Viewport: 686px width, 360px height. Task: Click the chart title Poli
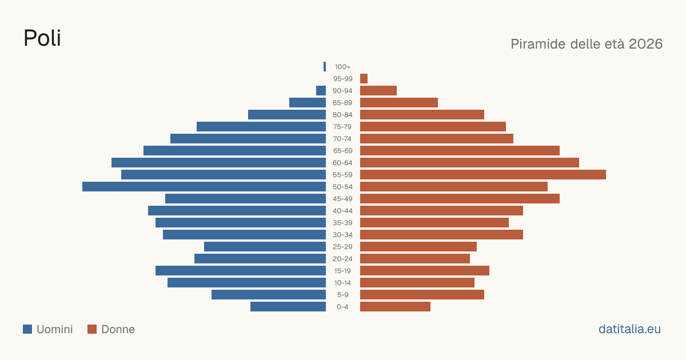pos(42,38)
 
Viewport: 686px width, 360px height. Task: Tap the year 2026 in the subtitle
pos(645,44)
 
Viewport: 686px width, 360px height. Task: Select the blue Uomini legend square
pos(27,329)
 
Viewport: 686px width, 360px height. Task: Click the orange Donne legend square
pos(92,329)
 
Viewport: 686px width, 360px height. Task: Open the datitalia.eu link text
pos(629,329)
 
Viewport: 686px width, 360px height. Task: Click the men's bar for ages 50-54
pos(204,187)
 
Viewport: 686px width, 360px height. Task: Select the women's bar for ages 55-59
pos(483,175)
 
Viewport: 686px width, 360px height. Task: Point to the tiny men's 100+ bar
pos(325,67)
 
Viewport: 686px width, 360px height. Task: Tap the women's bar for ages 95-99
pos(364,79)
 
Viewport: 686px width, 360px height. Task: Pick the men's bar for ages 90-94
pos(321,91)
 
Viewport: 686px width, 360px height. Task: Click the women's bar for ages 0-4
pos(395,307)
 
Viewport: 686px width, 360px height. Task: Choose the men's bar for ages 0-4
pos(288,307)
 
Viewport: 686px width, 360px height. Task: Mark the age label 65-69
pos(342,151)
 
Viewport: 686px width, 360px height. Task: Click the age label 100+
pos(342,67)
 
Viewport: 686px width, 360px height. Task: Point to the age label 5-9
pos(342,295)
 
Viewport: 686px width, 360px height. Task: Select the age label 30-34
pos(342,235)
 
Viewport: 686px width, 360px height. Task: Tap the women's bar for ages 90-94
pos(378,91)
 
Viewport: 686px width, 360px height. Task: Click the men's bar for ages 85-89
pos(308,102)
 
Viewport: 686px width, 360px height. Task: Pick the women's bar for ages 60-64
pos(469,162)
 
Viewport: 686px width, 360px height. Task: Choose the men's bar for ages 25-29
pos(265,247)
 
